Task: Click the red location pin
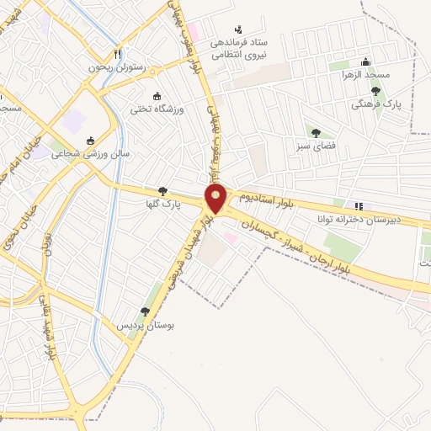pos(216,200)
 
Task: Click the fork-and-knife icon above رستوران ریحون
pos(119,52)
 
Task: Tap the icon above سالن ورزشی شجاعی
pos(91,141)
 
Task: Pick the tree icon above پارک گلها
pos(162,191)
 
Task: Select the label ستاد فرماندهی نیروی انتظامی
pos(238,47)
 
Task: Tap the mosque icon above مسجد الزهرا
pos(365,61)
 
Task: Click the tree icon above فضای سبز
pos(316,132)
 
